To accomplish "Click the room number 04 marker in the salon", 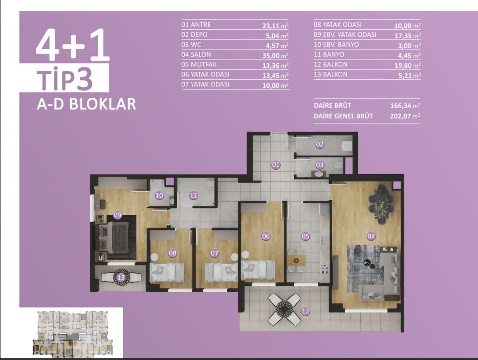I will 371,236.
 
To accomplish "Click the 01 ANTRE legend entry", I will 196,25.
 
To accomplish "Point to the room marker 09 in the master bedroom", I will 118,215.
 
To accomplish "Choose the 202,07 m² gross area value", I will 405,116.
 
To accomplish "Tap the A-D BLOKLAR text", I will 86,104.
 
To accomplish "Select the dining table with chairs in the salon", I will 378,204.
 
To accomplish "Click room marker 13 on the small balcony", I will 121,278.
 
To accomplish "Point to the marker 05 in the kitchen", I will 306,236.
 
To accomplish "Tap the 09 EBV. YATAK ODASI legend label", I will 345,35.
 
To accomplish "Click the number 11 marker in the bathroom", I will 194,196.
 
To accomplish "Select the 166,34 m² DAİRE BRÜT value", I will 405,106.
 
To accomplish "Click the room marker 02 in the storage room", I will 320,145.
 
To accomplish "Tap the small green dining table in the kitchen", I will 296,260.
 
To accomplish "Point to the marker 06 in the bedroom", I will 266,236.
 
